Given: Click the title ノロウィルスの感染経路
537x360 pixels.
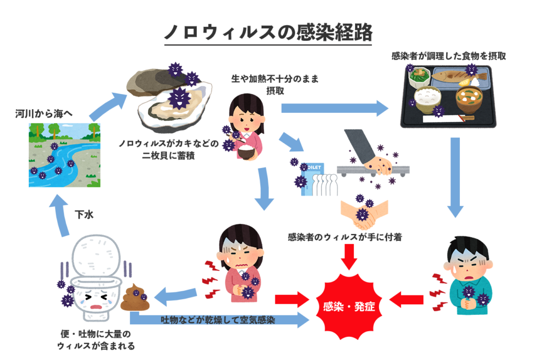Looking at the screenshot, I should pyautogui.click(x=268, y=33).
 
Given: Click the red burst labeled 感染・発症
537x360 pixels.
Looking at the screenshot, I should pyautogui.click(x=347, y=305).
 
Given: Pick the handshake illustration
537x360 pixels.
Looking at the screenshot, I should pyautogui.click(x=364, y=213).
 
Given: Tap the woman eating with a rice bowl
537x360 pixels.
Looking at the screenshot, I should pyautogui.click(x=244, y=124).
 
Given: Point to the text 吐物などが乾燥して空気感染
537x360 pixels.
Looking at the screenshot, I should pyautogui.click(x=218, y=319).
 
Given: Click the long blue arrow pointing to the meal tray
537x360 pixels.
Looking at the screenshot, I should pyautogui.click(x=336, y=108).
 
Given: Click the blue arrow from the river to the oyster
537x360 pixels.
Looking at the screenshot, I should pyautogui.click(x=107, y=105).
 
